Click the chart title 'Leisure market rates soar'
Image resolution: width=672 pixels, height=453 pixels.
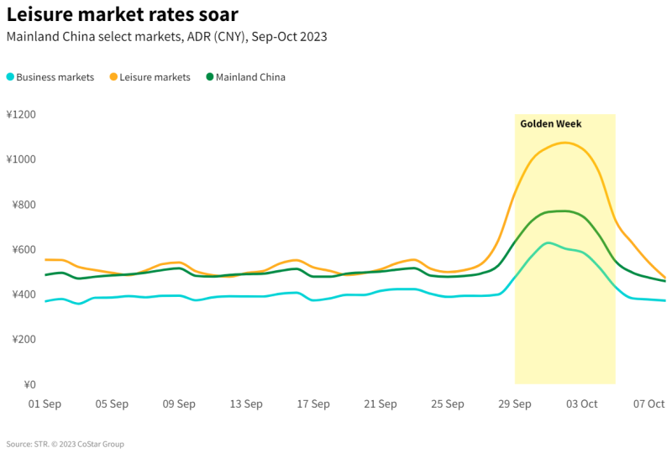click(122, 15)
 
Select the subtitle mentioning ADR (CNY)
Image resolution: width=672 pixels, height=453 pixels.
click(166, 37)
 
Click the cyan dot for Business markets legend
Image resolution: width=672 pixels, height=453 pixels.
click(10, 77)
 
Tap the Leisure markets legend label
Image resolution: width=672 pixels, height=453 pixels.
click(155, 77)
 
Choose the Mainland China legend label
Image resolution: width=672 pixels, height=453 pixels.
click(250, 77)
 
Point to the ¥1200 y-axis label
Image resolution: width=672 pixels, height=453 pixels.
click(23, 114)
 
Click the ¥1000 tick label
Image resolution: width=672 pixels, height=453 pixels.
click(23, 159)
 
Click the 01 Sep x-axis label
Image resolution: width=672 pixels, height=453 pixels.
click(45, 404)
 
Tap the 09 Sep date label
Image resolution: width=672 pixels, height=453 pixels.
click(179, 404)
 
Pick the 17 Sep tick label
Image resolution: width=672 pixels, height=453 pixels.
click(313, 404)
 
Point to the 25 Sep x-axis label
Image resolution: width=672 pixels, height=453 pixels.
click(448, 404)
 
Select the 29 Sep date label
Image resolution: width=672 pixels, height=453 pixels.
click(515, 404)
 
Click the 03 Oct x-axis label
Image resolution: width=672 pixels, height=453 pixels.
click(581, 404)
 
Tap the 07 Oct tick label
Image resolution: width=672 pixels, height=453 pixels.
click(649, 404)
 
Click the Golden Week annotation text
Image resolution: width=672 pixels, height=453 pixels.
click(550, 124)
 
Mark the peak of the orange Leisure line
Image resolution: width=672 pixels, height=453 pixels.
click(564, 143)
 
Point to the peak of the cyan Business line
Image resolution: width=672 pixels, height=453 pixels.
click(549, 242)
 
